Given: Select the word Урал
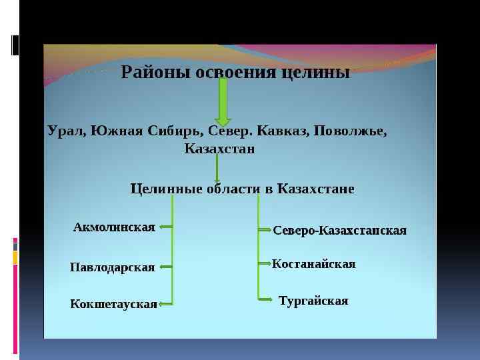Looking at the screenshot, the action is [65, 130].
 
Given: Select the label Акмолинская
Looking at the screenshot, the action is [114, 227].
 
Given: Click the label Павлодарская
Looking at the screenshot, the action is [112, 267].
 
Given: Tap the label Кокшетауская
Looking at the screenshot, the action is [113, 305].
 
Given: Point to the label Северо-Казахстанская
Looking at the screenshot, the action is [339, 231].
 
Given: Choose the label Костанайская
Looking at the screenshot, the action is [313, 265].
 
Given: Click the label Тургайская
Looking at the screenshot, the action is [313, 301].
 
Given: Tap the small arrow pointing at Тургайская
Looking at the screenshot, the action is [265, 300].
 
